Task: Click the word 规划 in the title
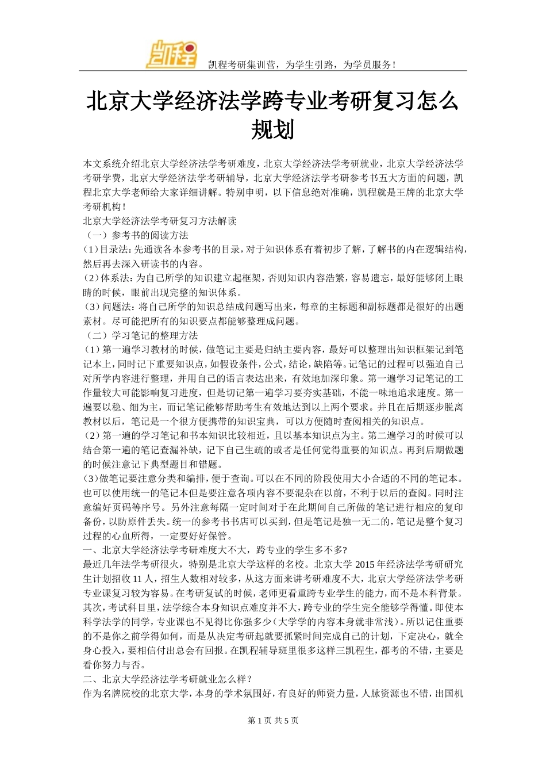[x=272, y=130]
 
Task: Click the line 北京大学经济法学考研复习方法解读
[x=160, y=221]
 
